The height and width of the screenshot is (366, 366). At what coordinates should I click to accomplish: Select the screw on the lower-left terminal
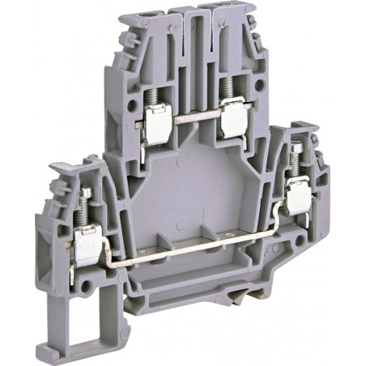pos(83,206)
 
